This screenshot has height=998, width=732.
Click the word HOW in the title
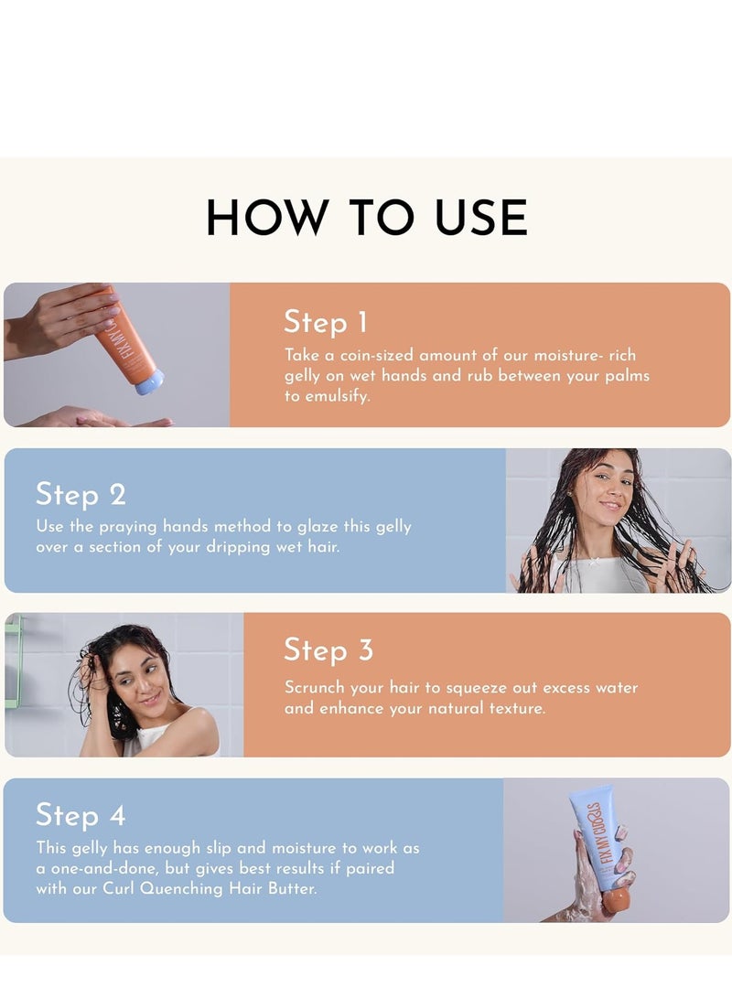(x=265, y=218)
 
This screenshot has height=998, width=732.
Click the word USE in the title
(x=481, y=218)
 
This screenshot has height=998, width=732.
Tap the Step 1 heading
(x=325, y=322)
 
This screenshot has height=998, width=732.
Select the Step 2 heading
(x=81, y=495)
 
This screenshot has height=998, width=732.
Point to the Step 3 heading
(x=328, y=650)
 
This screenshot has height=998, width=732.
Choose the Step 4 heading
(x=81, y=815)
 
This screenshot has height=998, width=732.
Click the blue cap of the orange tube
(x=149, y=381)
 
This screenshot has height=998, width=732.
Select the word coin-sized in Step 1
(x=376, y=355)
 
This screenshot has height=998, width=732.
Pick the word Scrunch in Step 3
(x=315, y=687)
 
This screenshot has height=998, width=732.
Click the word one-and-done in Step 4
(x=104, y=868)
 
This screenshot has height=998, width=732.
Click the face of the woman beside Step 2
(x=609, y=488)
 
